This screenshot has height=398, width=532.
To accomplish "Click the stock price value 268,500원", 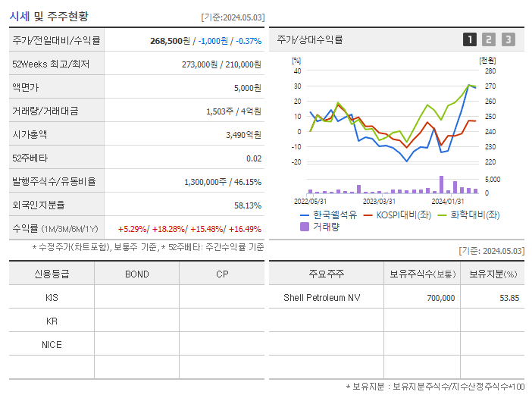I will click(x=173, y=41).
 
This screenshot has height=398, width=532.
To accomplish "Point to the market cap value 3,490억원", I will click(x=243, y=135).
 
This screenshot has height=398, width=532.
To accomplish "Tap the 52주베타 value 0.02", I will click(x=254, y=158).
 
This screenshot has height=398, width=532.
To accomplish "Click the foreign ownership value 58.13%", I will click(x=247, y=205).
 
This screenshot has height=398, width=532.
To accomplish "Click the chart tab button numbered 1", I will click(x=470, y=39).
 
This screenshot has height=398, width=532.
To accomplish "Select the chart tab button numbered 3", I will click(x=508, y=39).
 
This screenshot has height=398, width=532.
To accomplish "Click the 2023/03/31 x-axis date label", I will click(x=379, y=201).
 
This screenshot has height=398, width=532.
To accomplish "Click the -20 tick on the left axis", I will click(x=296, y=161).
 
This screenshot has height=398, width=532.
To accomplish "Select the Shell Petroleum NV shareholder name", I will click(x=322, y=298).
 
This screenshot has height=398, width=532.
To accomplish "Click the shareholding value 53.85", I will click(x=508, y=298).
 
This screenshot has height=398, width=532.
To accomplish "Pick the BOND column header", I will click(x=136, y=274).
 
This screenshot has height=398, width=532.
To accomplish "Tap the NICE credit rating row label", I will click(x=52, y=344).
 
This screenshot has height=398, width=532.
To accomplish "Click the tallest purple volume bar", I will click(x=441, y=184).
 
